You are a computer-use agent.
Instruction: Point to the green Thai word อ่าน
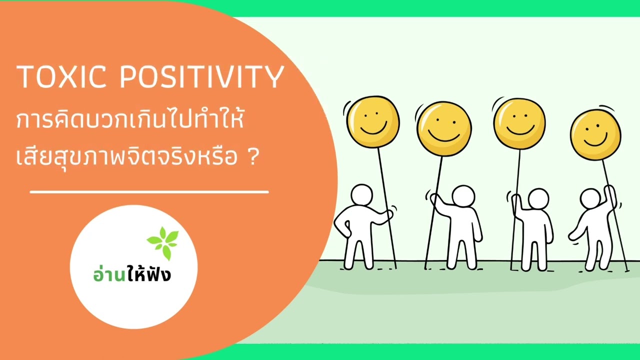click(108, 273)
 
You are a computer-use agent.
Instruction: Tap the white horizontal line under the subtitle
click(149, 191)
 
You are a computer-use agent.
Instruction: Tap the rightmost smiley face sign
click(595, 133)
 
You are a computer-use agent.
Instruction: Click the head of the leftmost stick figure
click(361, 195)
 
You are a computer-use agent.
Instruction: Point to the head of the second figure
click(463, 196)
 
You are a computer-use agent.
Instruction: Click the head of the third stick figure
click(538, 199)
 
